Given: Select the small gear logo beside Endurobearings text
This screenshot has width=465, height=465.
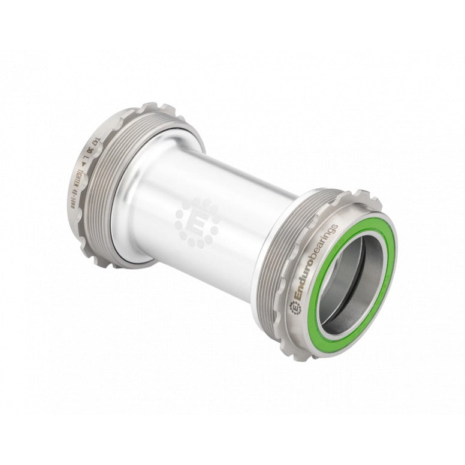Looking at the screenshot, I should click(295, 307).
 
